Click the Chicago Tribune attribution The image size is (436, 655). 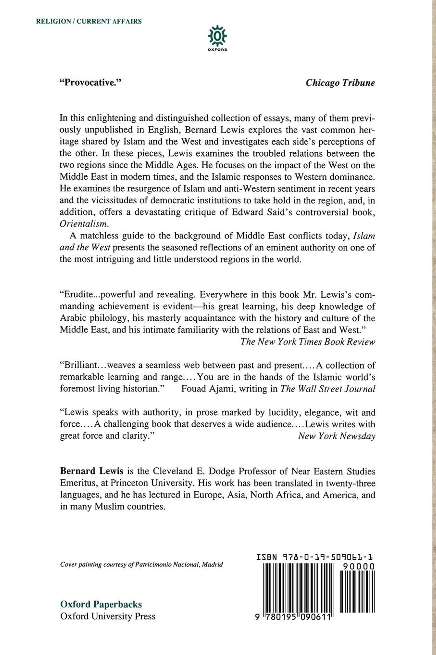point(340,83)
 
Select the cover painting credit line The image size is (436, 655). point(142,565)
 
